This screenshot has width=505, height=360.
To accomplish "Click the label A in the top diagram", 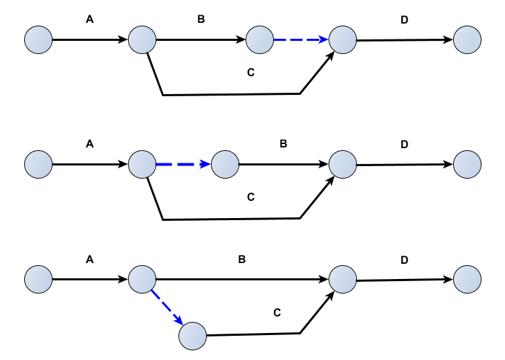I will pos(89,20).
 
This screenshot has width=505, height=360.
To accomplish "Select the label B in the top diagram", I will pos(201,20).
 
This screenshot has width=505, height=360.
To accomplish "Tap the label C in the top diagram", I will pos(251,72).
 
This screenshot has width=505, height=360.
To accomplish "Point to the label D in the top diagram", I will pos(405,20).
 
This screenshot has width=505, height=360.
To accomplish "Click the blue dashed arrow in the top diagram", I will pos(300,40).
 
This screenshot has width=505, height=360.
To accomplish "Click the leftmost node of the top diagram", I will pos(39,40).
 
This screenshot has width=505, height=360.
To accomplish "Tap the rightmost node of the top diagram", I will pos(468,40).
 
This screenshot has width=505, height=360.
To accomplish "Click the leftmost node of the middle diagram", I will pos(39,165).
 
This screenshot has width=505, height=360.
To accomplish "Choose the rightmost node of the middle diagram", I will pos(468,165).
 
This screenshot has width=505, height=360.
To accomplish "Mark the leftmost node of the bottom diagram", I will pos(39,280).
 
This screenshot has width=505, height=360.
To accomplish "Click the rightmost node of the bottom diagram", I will pos(468,280).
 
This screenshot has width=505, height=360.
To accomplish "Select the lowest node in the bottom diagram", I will pos(193,336).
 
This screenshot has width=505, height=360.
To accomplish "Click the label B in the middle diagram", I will pos(283,145).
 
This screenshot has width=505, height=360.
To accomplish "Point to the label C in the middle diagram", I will pos(251,197).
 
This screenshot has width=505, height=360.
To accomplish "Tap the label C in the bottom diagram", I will pos(277,312).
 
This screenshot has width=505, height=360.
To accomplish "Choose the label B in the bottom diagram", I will pos(242,260).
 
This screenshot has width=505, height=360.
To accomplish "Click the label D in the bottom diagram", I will pos(405,260).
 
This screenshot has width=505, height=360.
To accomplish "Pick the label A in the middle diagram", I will pos(89,145).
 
